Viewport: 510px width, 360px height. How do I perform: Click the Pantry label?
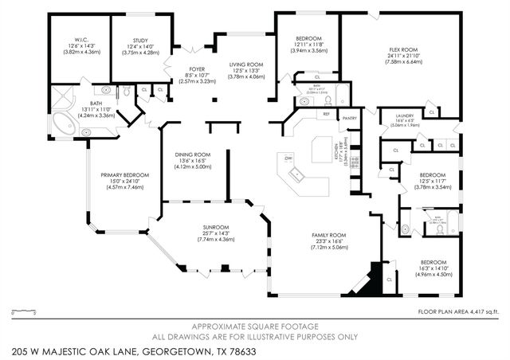(x=349, y=119)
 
